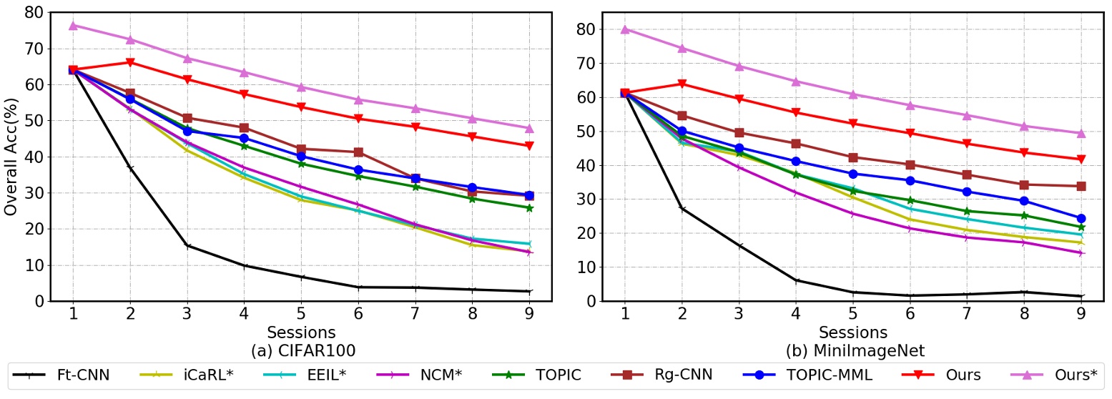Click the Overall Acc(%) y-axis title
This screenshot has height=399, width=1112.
(11, 157)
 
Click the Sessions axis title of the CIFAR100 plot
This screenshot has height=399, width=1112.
(301, 332)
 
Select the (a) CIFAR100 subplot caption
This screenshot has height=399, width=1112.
(301, 351)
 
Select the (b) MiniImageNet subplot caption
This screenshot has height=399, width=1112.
(852, 351)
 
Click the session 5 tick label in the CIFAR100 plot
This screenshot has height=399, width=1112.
(301, 315)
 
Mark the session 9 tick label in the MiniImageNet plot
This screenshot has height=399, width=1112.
(1081, 315)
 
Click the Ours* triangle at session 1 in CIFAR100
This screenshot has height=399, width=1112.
(73, 25)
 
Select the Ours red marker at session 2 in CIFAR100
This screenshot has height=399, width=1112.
(130, 62)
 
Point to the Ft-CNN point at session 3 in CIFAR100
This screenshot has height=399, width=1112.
(187, 246)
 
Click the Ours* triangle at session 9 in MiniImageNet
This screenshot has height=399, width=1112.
(1081, 133)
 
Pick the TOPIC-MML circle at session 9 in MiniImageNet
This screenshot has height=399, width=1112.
(1081, 218)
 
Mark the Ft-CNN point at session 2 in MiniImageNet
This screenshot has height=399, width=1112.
(682, 209)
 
